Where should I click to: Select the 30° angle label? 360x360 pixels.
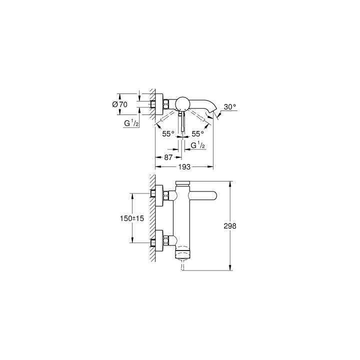point(229,106)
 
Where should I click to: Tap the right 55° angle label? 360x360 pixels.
point(198,133)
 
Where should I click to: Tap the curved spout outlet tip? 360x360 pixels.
point(215,111)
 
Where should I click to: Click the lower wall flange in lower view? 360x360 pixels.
point(159,242)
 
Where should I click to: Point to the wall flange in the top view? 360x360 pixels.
point(159,104)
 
